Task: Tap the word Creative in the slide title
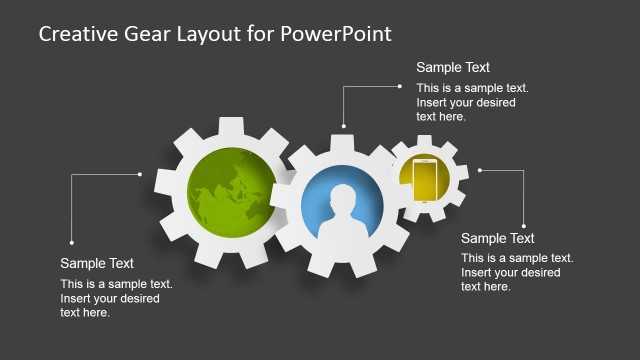pyautogui.click(x=73, y=33)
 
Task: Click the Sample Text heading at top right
pyautogui.click(x=453, y=68)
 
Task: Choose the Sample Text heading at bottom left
pyautogui.click(x=97, y=263)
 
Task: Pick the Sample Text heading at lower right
pyautogui.click(x=497, y=238)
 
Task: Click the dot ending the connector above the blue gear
pyautogui.click(x=343, y=126)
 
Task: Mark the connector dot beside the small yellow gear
pyautogui.click(x=480, y=170)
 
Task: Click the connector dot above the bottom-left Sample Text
pyautogui.click(x=71, y=241)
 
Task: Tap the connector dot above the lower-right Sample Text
pyautogui.click(x=523, y=225)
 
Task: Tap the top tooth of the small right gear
pyautogui.click(x=429, y=140)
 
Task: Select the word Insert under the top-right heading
pyautogui.click(x=433, y=102)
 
